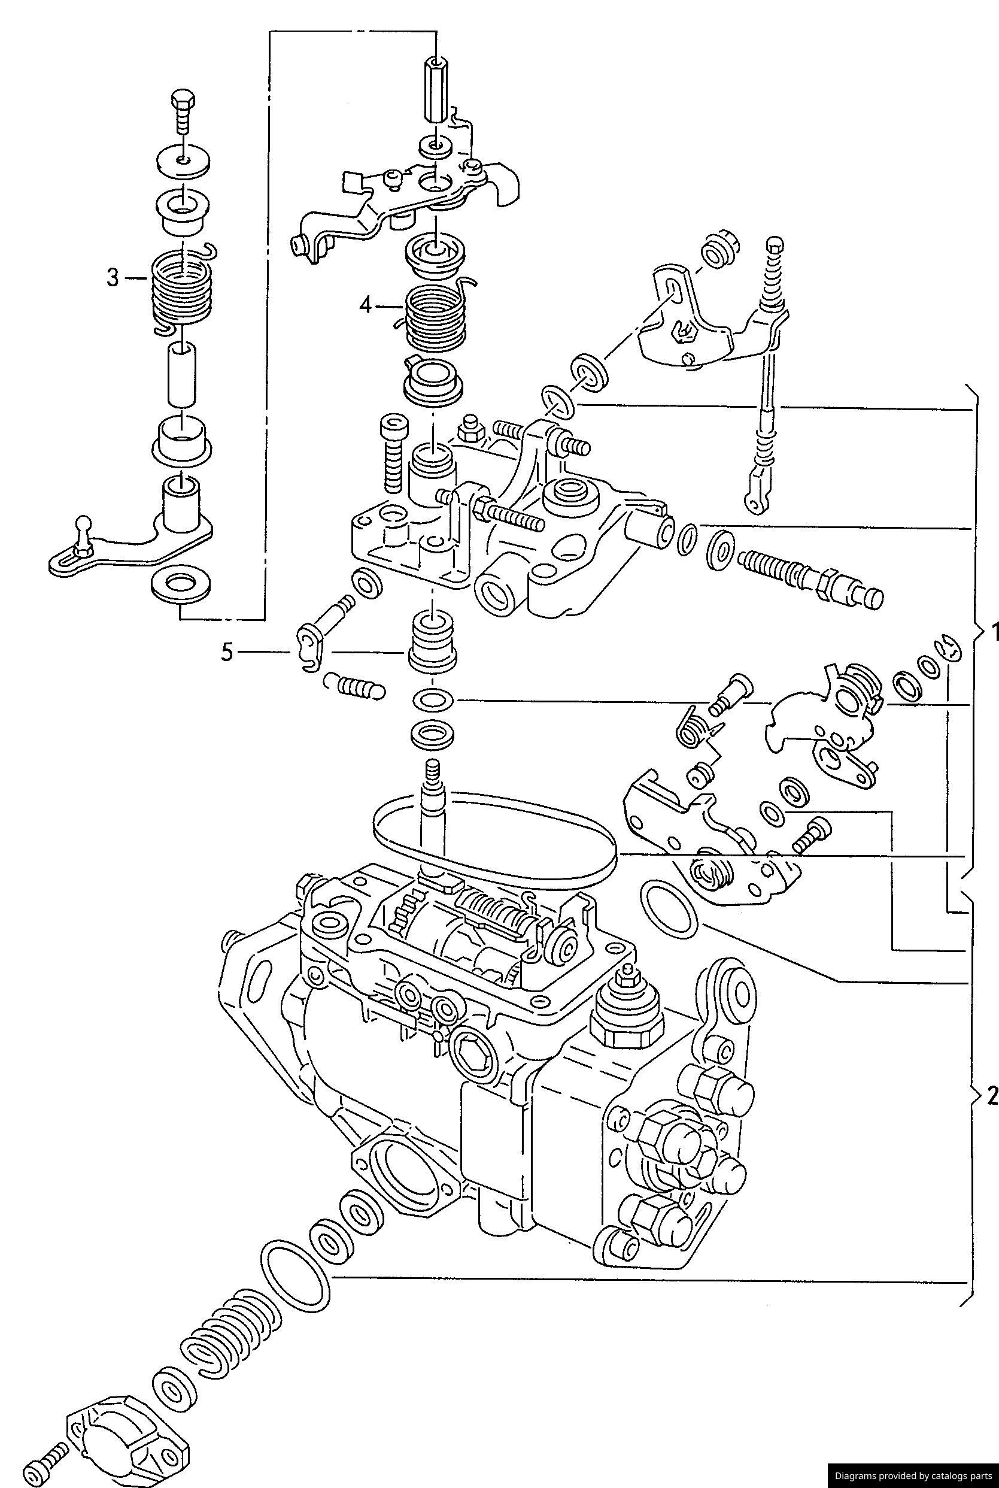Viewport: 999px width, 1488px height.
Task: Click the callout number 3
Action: coord(112,278)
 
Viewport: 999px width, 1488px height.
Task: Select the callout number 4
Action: coord(365,306)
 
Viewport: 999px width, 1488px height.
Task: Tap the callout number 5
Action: coord(227,652)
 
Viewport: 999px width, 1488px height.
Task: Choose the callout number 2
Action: coord(991,1095)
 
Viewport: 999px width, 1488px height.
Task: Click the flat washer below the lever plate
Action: coord(183,585)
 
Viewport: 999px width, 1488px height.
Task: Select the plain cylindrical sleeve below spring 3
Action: coord(181,374)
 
